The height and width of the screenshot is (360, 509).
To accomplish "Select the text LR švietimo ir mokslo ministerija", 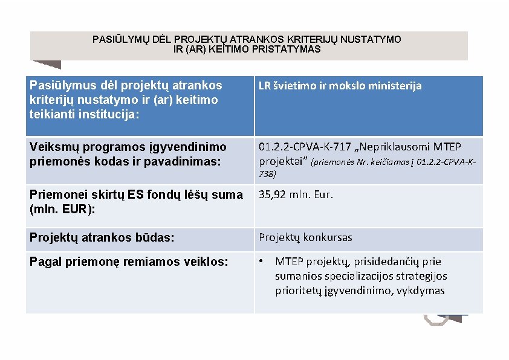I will pyautogui.click(x=340, y=86).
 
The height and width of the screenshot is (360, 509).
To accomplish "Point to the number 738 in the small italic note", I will pyautogui.click(x=267, y=174).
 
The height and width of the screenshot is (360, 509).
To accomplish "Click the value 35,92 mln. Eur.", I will pyautogui.click(x=296, y=194).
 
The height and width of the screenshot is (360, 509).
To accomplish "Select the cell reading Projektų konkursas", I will pyautogui.click(x=305, y=237).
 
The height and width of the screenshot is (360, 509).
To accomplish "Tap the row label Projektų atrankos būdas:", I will pyautogui.click(x=102, y=238).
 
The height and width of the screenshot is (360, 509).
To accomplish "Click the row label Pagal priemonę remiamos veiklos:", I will pyautogui.click(x=129, y=262).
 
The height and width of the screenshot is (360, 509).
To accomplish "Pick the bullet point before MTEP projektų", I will pyautogui.click(x=261, y=262).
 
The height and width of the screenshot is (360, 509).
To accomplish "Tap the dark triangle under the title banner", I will pyautogui.click(x=47, y=63).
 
